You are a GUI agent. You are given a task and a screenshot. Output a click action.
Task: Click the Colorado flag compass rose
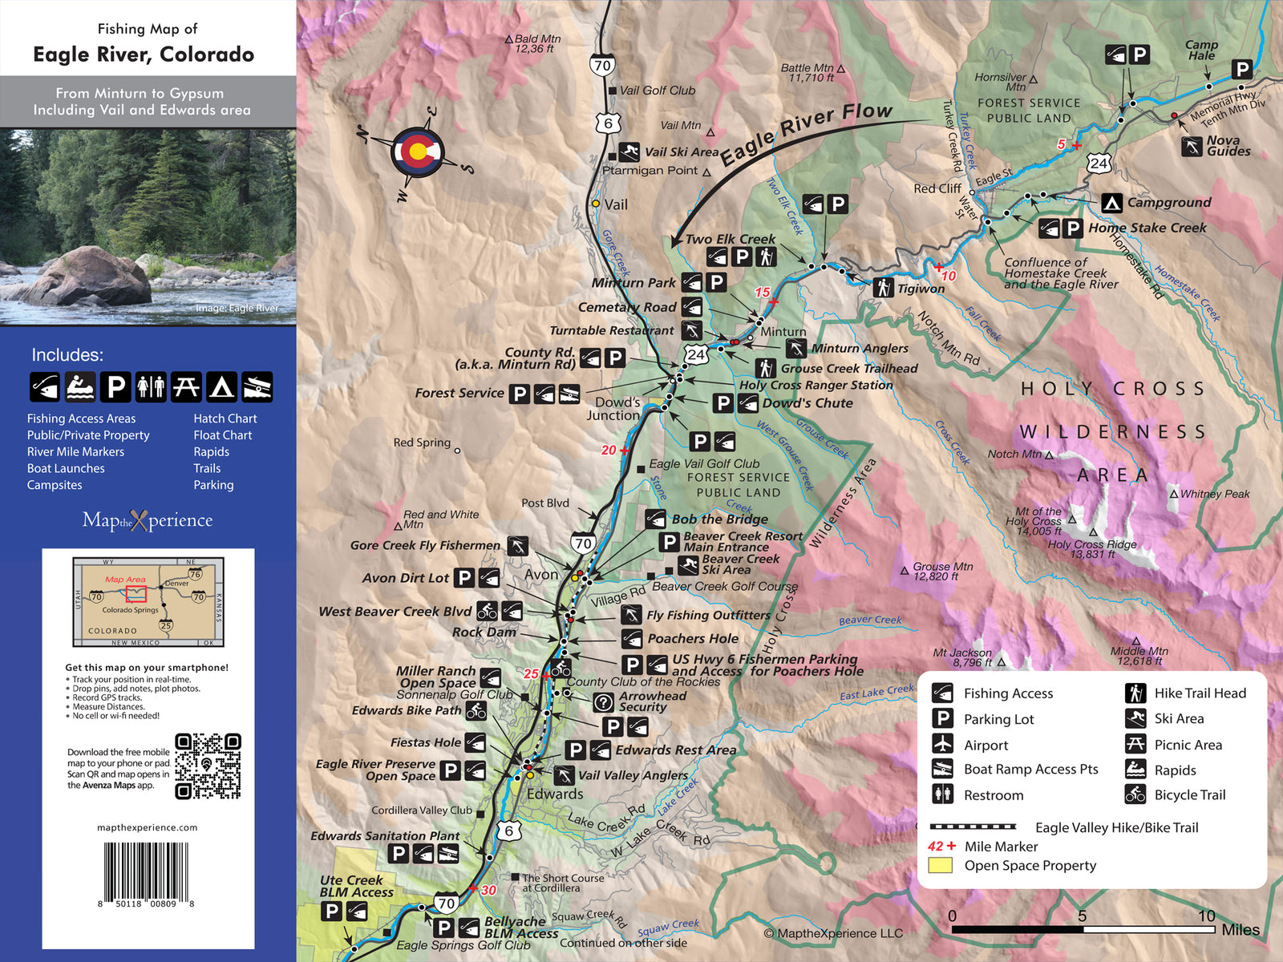417,152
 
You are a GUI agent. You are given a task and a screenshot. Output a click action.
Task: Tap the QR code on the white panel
208,766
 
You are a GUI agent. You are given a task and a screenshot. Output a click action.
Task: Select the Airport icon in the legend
943,744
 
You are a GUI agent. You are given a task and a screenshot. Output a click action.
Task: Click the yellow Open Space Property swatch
940,865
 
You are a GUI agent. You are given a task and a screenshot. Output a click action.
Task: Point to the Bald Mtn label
536,43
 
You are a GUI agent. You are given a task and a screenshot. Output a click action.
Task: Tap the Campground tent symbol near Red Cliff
1111,203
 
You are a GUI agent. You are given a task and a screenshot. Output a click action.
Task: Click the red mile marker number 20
609,451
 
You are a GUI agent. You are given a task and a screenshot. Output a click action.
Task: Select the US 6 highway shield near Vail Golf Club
608,123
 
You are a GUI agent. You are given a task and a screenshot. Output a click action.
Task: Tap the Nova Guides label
1228,146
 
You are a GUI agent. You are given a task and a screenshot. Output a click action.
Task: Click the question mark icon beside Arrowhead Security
603,702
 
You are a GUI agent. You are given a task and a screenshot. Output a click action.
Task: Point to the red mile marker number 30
488,890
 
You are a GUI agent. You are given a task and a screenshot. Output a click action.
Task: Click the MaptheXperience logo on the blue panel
148,520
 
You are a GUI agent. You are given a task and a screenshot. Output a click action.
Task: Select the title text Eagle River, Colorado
144,55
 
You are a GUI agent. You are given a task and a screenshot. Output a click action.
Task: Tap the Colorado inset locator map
148,601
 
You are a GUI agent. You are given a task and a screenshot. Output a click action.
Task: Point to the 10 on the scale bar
1206,916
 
